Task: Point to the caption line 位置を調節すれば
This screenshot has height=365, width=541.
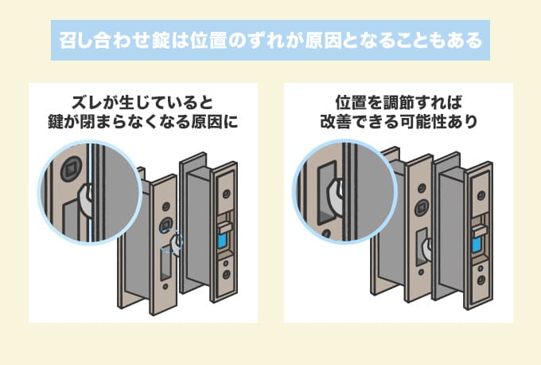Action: (398, 103)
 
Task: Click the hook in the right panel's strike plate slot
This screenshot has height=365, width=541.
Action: (427, 250)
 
